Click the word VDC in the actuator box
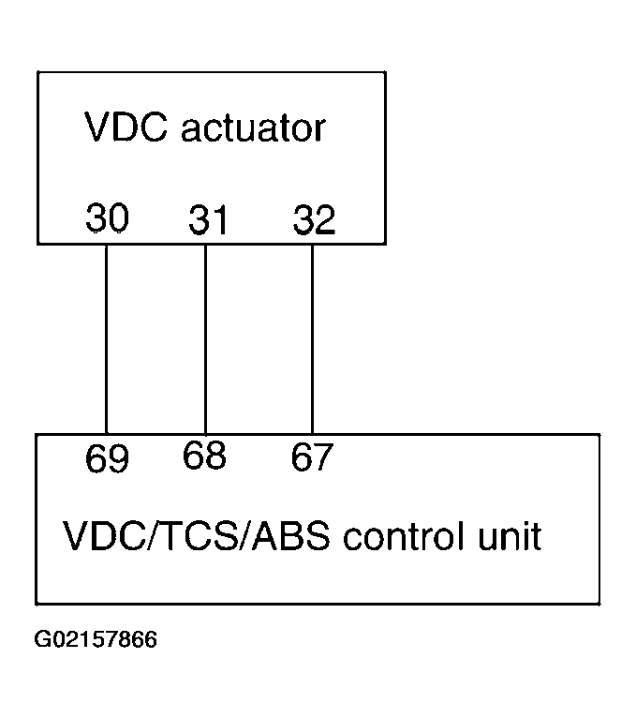126,127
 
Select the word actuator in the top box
253,127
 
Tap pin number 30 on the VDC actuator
107,218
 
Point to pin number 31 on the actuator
209,220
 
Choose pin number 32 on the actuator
313,220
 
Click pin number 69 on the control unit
107,459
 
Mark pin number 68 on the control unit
205,456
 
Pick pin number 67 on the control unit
312,457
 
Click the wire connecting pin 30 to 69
107,337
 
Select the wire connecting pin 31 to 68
205,337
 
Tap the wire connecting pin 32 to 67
312,337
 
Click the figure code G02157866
96,640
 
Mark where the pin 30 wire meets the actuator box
107,245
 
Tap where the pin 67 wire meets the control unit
312,434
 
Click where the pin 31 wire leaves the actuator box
205,245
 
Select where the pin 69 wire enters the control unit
107,434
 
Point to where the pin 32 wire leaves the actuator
312,245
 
